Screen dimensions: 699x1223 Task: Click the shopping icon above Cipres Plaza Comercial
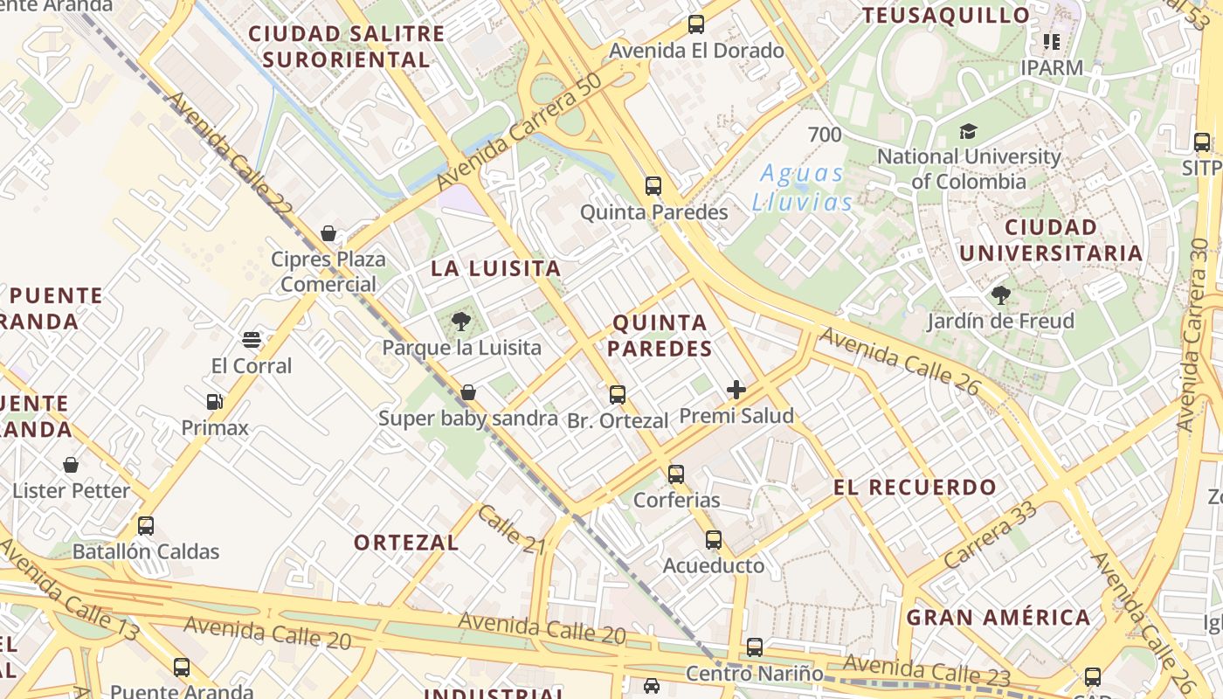328,233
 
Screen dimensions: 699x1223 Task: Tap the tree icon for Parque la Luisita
461,322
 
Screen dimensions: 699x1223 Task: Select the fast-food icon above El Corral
252,339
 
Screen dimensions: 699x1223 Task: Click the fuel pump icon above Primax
215,402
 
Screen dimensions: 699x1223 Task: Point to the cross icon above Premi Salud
736,390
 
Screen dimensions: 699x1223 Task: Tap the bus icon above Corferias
676,474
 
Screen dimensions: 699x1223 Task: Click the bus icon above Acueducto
714,540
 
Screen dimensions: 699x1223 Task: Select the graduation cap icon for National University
968,132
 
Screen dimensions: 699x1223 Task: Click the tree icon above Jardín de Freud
1001,295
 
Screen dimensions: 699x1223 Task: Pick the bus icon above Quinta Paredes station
653,186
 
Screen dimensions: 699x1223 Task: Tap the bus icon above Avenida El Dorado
696,24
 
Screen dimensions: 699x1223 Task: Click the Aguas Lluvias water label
802,188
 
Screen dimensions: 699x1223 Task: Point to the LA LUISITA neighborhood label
496,268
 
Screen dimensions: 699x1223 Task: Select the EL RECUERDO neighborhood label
915,488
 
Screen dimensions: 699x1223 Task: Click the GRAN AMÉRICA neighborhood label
998,618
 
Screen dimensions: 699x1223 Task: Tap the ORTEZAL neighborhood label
406,543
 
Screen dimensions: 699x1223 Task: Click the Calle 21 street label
511,529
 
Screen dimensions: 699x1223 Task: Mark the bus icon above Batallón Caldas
146,526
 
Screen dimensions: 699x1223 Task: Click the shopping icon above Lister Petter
71,465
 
